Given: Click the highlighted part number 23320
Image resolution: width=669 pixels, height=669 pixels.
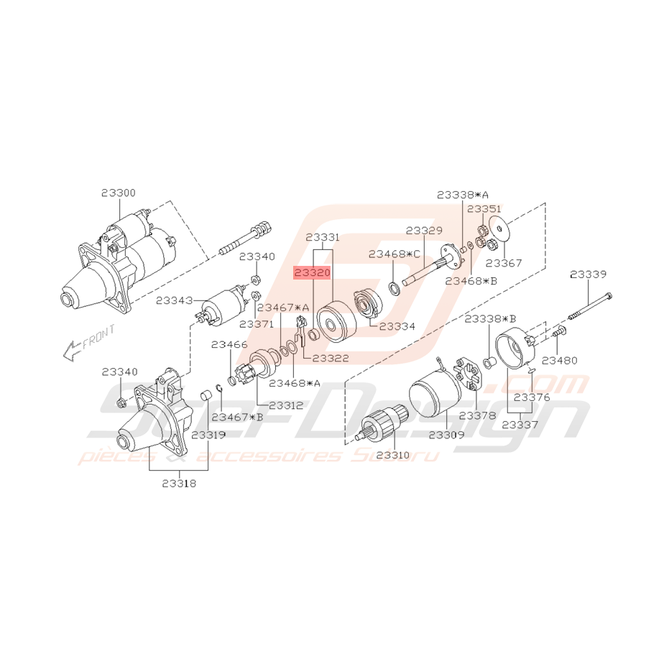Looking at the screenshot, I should pos(310,273).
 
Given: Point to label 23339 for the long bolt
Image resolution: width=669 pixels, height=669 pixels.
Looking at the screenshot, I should pos(588,274).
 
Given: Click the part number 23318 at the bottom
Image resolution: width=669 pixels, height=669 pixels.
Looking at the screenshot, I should pos(178,484).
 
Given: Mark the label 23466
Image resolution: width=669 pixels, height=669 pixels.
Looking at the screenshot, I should pos(229,345).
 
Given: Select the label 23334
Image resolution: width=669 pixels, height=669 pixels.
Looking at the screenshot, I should pos(397,326).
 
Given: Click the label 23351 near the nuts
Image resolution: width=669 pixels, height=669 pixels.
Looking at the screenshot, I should pos(484,208).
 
